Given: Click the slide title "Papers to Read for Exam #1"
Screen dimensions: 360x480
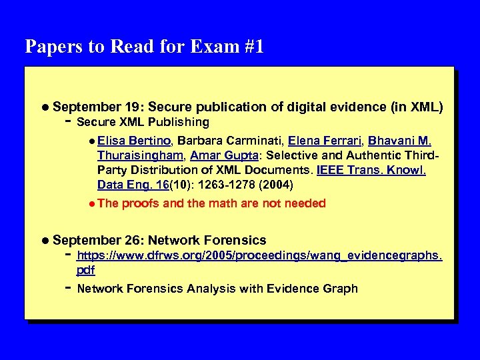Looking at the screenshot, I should coord(144,47).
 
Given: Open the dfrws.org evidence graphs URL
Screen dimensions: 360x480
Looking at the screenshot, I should coord(259,255).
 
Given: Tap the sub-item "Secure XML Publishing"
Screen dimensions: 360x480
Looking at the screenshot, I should coord(143,122).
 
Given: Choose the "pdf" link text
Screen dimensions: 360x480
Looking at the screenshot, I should coord(86,270).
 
